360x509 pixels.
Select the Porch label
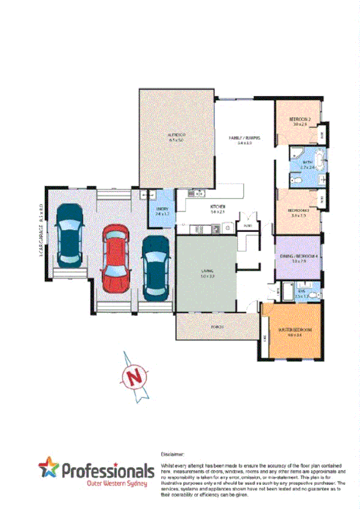[217, 327]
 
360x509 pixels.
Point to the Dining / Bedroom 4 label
[299, 257]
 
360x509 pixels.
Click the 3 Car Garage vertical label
[41, 227]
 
